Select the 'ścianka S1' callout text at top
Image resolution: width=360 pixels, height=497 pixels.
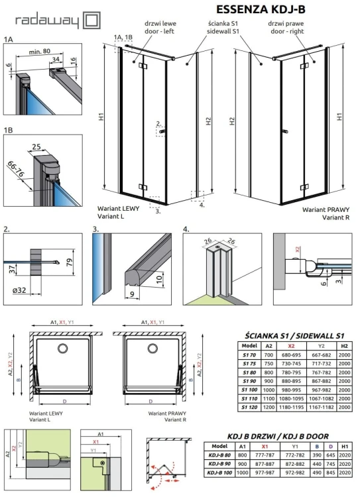(x=223, y=24)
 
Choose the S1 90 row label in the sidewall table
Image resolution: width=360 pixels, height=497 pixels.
(x=250, y=382)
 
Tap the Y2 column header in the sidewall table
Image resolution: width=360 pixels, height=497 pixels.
(x=324, y=345)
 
